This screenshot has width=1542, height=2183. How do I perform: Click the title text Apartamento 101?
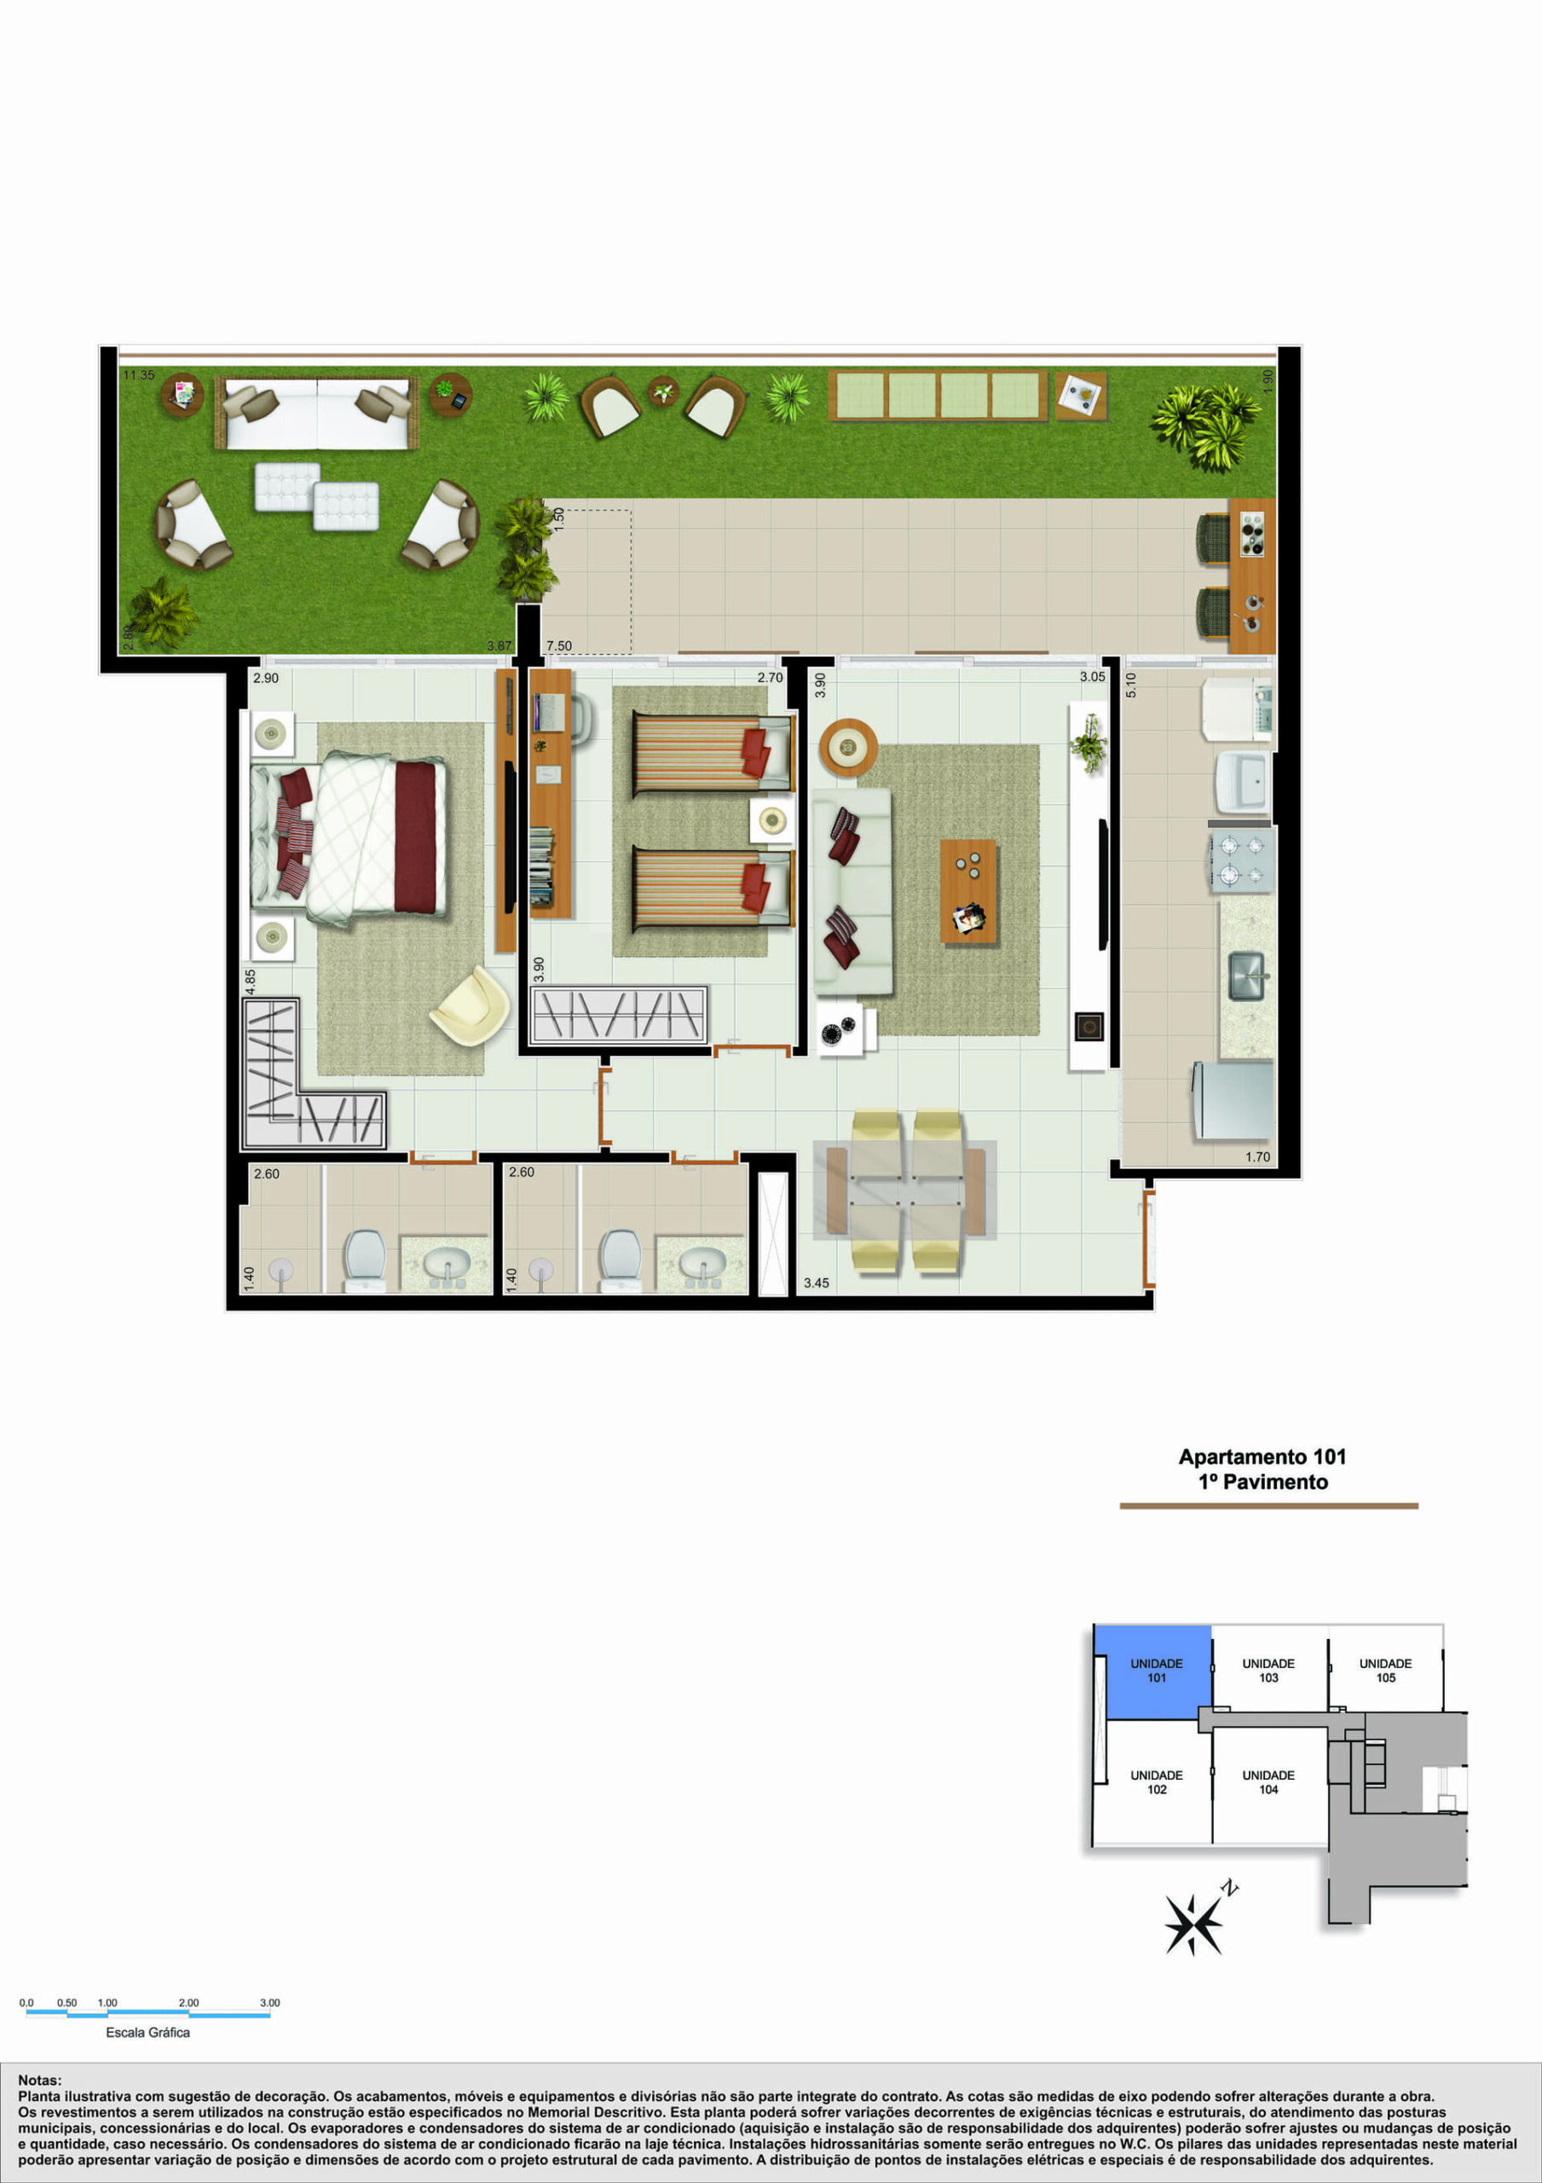1262,1456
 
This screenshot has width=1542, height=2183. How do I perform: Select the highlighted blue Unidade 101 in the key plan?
1153,1671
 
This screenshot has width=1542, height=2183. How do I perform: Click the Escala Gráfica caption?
147,2032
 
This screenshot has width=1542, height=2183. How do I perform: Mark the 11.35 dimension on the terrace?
138,375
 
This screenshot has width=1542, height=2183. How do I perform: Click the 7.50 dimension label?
559,646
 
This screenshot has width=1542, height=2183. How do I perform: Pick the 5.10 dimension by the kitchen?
1130,686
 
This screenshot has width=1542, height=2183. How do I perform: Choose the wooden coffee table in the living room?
967,891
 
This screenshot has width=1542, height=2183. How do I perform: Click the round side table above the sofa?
848,747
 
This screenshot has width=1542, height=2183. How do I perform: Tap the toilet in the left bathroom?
364,1260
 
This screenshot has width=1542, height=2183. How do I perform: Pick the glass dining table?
905,1190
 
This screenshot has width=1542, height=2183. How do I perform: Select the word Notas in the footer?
39,2081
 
